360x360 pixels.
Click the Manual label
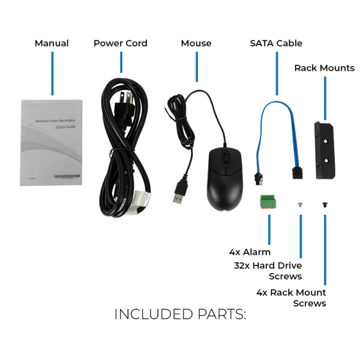tap(52, 43)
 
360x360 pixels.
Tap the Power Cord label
tap(120, 43)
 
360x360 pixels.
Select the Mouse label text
tap(196, 43)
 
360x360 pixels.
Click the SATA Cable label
tap(276, 43)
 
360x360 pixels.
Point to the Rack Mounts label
tap(324, 68)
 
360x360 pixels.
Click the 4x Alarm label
tap(250, 252)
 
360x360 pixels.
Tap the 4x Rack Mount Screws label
tap(292, 298)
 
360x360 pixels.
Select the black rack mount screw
tap(325, 204)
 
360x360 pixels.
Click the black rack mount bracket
tap(324, 150)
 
